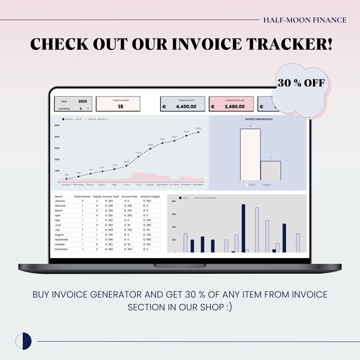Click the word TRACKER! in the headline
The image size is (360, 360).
click(x=289, y=44)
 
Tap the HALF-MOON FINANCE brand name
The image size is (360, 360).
click(x=305, y=20)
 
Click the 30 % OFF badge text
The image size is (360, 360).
click(x=301, y=83)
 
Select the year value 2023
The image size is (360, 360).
click(x=83, y=102)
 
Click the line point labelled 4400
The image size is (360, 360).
click(x=198, y=132)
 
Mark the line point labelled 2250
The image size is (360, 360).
click(x=138, y=156)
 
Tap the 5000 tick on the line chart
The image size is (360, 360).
click(x=57, y=125)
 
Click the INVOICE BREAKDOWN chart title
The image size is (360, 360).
click(x=258, y=119)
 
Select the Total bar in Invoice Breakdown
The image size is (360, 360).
click(x=250, y=155)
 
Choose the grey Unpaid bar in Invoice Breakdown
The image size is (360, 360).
click(x=271, y=171)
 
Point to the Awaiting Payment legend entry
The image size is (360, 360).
click(x=205, y=198)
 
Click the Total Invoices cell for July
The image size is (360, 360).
click(x=83, y=230)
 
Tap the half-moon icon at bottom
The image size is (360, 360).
click(x=24, y=341)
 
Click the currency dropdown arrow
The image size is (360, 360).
click(x=88, y=109)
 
